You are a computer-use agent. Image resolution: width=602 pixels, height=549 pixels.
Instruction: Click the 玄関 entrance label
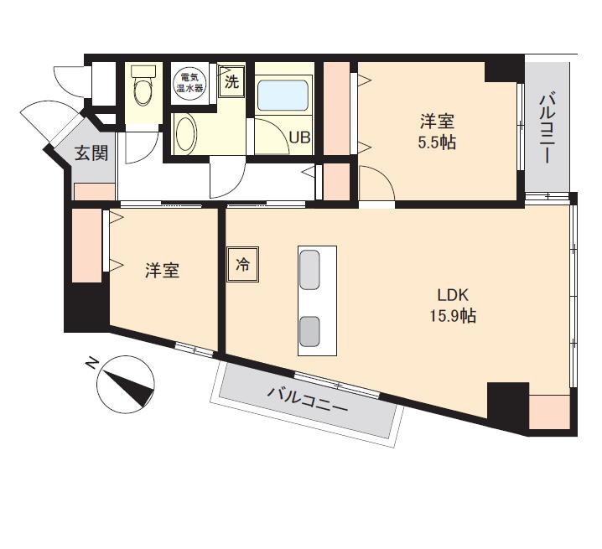pyautogui.click(x=91, y=153)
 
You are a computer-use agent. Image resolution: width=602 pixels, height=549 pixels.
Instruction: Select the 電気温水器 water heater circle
pyautogui.click(x=189, y=82)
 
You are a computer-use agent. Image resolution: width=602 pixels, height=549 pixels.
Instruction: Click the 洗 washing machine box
pyautogui.click(x=231, y=81)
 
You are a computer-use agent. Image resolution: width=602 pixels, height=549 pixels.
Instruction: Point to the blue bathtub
pyautogui.click(x=283, y=95)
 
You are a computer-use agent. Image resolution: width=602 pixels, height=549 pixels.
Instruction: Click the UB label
pyautogui.click(x=299, y=137)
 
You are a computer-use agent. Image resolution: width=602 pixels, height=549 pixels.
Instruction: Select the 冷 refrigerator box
pyautogui.click(x=242, y=265)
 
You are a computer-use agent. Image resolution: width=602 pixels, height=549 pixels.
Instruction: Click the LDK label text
pyautogui.click(x=453, y=295)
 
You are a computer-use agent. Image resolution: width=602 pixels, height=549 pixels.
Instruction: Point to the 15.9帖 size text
pyautogui.click(x=453, y=316)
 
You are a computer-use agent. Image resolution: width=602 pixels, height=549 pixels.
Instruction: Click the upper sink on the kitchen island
pyautogui.click(x=309, y=270)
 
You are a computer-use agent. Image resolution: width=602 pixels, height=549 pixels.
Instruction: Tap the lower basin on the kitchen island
pyautogui.click(x=310, y=331)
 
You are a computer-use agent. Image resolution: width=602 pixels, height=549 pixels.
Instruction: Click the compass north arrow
pyautogui.click(x=130, y=389)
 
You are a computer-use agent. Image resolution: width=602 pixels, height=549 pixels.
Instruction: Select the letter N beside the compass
pyautogui.click(x=91, y=363)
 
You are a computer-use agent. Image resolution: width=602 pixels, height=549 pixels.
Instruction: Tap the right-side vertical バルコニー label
pyautogui.click(x=547, y=128)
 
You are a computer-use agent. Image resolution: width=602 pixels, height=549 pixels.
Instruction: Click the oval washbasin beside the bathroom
pyautogui.click(x=186, y=134)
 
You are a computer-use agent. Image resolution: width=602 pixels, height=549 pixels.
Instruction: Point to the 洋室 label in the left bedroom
pyautogui.click(x=162, y=271)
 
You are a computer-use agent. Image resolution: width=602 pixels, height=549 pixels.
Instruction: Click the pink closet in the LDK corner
pyautogui.click(x=549, y=412)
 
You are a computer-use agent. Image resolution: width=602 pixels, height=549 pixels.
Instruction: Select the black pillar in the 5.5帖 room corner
pyautogui.click(x=501, y=70)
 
